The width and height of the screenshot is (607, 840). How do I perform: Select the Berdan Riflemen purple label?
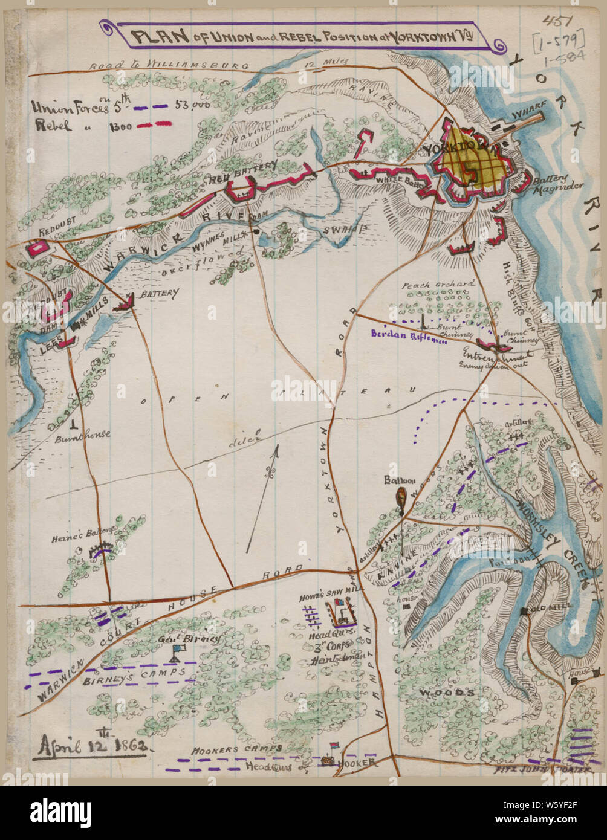(409, 337)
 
